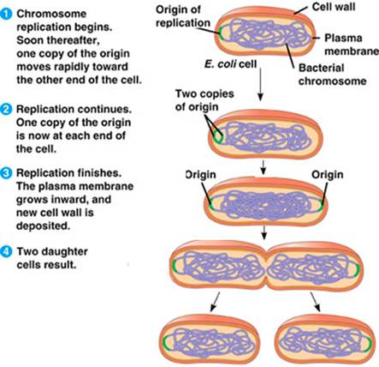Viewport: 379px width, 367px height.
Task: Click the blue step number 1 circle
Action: [6, 15]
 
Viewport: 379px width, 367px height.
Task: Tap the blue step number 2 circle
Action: [6, 110]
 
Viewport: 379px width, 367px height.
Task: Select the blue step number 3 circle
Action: [6, 173]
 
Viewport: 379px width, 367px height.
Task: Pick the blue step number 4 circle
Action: [6, 252]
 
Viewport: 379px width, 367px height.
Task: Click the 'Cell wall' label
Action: [334, 6]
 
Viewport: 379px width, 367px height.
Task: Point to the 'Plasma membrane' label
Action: [352, 45]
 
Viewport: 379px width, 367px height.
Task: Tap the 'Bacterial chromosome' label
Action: [332, 75]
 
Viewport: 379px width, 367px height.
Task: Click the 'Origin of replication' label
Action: [183, 16]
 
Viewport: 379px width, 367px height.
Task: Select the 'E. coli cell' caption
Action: [230, 63]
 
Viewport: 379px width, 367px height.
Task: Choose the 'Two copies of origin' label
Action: [204, 100]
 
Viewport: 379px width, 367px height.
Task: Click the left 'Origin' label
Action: [200, 174]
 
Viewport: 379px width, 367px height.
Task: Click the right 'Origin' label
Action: [328, 174]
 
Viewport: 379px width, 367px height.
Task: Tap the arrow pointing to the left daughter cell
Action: [215, 302]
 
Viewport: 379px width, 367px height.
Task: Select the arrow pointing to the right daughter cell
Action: [316, 302]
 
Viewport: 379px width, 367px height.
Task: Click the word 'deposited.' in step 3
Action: [43, 226]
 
